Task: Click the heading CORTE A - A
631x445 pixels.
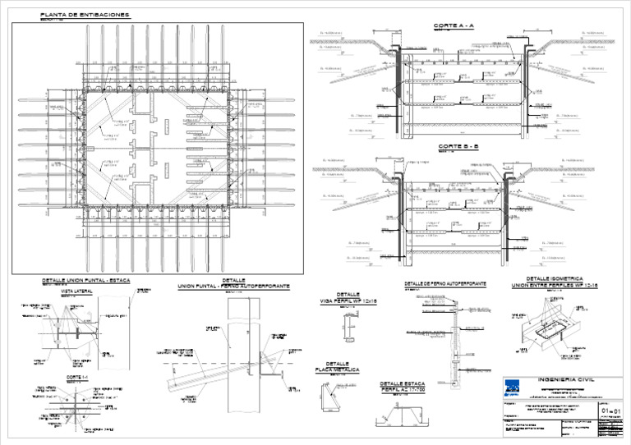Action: [x=454, y=26]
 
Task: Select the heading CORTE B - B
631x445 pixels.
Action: [x=454, y=146]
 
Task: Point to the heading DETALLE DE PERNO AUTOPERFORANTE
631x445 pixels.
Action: [x=445, y=283]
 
